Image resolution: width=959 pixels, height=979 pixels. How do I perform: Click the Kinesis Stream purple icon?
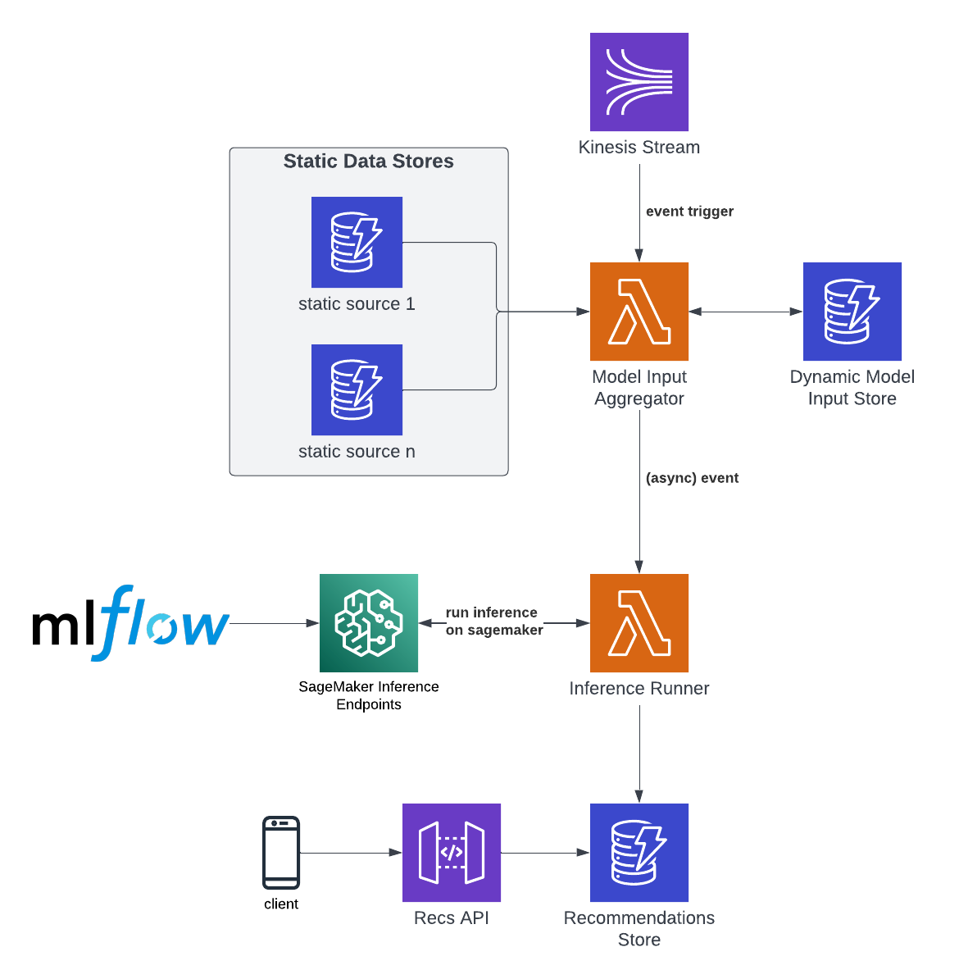[x=639, y=82]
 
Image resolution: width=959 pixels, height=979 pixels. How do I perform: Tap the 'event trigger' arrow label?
[x=689, y=212]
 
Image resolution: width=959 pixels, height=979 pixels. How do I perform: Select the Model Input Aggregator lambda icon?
[x=639, y=312]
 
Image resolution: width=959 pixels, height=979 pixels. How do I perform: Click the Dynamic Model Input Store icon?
[x=852, y=312]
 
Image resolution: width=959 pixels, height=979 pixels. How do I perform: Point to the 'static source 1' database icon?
[x=357, y=242]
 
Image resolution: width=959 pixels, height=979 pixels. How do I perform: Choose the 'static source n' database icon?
[x=357, y=389]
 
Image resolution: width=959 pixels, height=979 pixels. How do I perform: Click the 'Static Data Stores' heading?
[x=368, y=162]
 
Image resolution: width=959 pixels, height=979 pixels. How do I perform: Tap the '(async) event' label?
[x=692, y=478]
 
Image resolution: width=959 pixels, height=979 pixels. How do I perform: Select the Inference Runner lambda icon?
[x=639, y=623]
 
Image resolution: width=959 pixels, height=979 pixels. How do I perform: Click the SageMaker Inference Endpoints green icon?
[x=369, y=623]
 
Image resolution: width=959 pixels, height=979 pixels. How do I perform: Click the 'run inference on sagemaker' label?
[x=493, y=622]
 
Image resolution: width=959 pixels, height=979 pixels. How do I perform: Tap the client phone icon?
[x=281, y=853]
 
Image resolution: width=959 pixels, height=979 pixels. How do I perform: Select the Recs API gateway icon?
[x=452, y=853]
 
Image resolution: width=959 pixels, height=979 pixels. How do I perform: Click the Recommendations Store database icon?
[x=639, y=853]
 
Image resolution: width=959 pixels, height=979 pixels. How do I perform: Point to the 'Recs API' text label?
[x=452, y=918]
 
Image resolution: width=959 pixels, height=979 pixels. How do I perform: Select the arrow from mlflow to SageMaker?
[x=275, y=623]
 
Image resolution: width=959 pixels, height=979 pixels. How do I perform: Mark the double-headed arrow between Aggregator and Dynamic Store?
[x=746, y=312]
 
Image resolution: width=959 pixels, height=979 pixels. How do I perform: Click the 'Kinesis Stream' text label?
[x=639, y=148]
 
